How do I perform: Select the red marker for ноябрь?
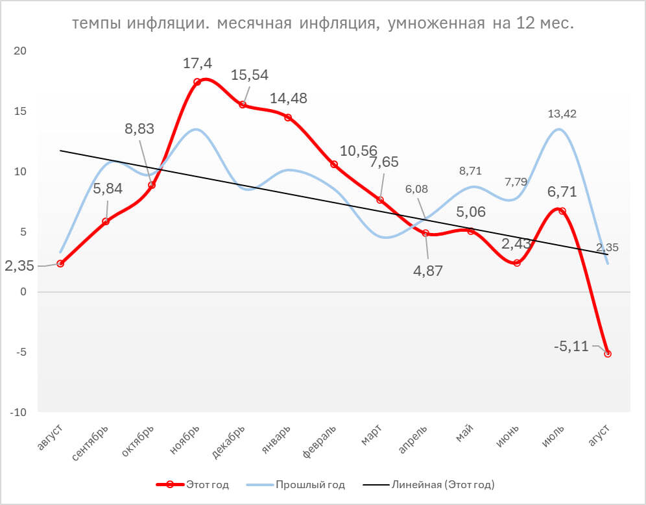[197, 82]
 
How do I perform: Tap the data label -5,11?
[571, 346]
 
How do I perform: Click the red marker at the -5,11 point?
[608, 354]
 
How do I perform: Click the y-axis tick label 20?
[21, 51]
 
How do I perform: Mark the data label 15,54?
[250, 75]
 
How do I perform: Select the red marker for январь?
[288, 117]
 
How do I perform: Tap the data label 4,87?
[428, 271]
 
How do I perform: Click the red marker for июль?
[562, 211]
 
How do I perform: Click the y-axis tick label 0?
[24, 292]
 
